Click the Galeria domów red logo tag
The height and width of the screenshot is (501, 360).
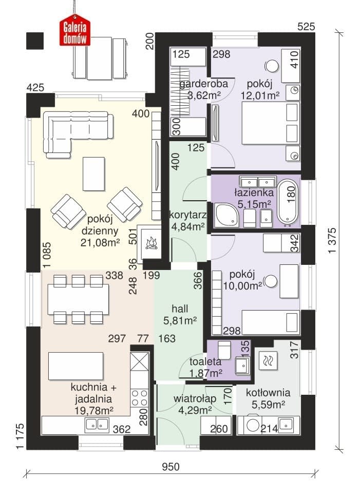[75, 32]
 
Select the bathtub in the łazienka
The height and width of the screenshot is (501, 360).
[288, 202]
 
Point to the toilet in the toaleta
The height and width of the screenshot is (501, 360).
[224, 349]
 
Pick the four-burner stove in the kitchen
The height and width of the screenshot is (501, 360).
[140, 398]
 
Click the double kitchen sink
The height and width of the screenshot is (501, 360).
[96, 425]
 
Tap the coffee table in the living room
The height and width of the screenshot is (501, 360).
[93, 174]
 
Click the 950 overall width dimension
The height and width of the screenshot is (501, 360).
[170, 467]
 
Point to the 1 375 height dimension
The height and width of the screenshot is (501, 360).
[332, 240]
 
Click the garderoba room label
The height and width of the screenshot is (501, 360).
[204, 84]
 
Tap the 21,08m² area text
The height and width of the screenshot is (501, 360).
[100, 243]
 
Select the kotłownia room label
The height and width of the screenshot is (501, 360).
[268, 393]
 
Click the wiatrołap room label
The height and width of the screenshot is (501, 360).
[195, 398]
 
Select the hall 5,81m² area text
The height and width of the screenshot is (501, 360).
[180, 320]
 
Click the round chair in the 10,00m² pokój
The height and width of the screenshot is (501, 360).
[272, 281]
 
